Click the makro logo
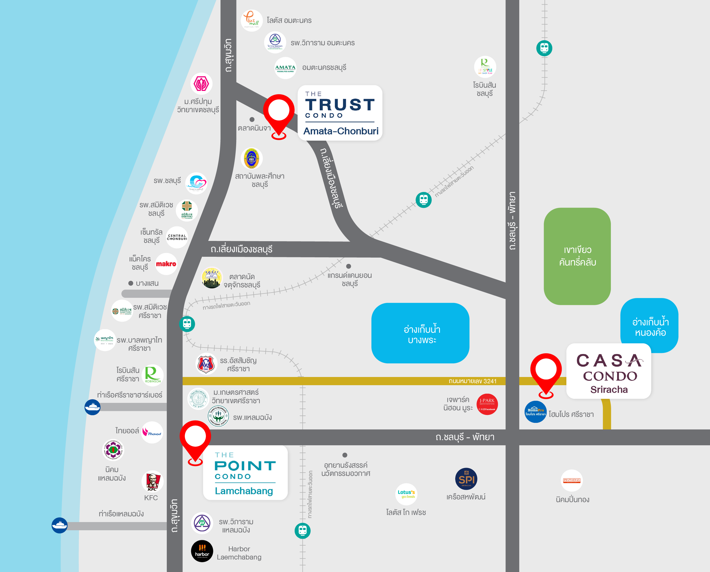point(166,264)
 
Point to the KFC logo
point(152,481)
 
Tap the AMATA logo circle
point(285,68)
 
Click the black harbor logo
point(202,551)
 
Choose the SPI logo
point(466,479)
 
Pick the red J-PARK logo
point(487,404)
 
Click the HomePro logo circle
point(535,412)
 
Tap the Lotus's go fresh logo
point(406,494)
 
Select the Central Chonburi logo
point(177,237)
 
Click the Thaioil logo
point(152,432)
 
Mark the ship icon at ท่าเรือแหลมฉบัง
point(60,525)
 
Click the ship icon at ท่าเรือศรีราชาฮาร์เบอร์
point(93,407)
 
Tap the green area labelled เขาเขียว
point(577,256)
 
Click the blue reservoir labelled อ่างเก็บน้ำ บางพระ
point(420,333)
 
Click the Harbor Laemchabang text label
point(239,553)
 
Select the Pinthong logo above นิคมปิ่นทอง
point(572,481)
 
